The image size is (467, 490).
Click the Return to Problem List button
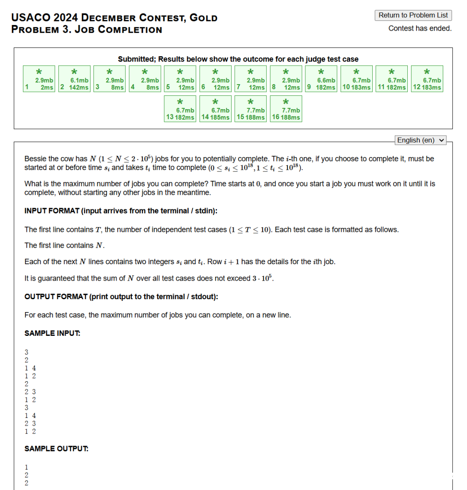pyautogui.click(x=413, y=15)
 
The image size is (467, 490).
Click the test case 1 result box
pyautogui.click(x=39, y=78)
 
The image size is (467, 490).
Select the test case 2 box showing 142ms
pyautogui.click(x=74, y=78)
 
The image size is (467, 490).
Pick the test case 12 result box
pyautogui.click(x=427, y=78)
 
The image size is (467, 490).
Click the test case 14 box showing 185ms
pyautogui.click(x=215, y=108)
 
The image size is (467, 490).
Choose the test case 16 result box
pyautogui.click(x=286, y=108)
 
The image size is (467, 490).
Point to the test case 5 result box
pyautogui.click(x=180, y=78)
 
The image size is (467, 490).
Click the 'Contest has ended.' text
pyautogui.click(x=420, y=28)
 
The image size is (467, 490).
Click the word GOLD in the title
pyautogui.click(x=204, y=18)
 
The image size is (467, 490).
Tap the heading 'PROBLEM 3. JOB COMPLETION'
pyautogui.click(x=86, y=30)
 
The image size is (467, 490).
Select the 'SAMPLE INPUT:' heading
pyautogui.click(x=52, y=333)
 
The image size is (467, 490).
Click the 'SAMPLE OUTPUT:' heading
pyautogui.click(x=56, y=449)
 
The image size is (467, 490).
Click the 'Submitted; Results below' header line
pyautogui.click(x=238, y=59)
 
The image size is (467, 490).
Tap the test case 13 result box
pyautogui.click(x=180, y=108)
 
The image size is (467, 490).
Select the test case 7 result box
pyautogui.click(x=250, y=78)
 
